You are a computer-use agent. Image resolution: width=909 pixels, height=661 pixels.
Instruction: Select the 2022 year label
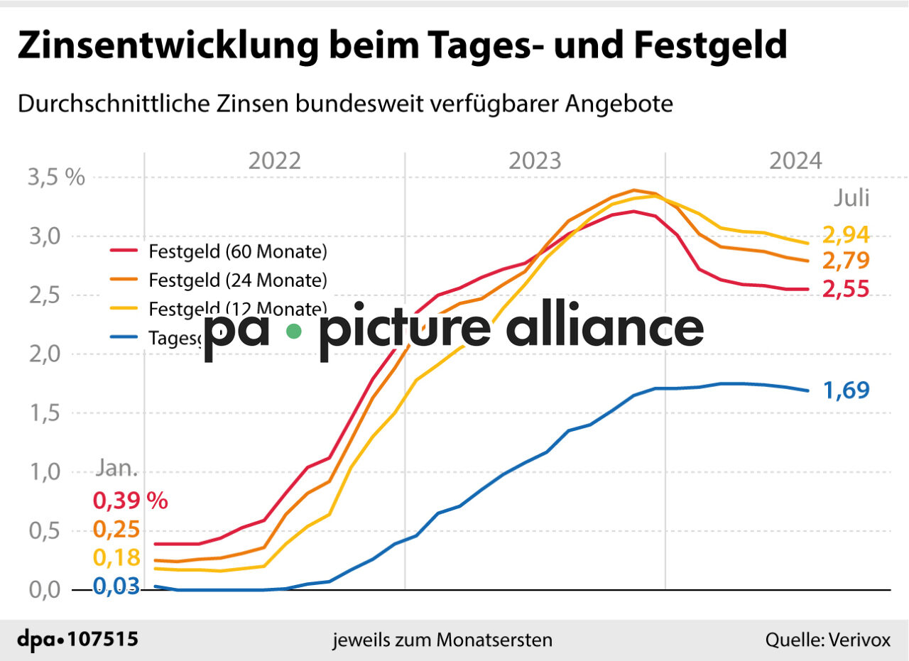coord(275,161)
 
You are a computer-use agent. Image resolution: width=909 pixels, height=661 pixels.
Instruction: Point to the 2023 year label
coord(535,161)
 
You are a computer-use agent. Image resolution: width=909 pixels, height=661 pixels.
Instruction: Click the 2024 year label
coord(795,161)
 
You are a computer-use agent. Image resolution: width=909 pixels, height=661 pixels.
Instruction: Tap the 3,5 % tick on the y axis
coord(56,177)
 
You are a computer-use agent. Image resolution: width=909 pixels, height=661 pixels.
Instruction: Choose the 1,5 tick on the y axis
coord(44,413)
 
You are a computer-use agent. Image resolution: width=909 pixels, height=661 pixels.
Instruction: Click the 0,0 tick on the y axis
coord(44,590)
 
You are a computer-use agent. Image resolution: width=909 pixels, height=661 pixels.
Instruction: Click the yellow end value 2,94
coord(846,234)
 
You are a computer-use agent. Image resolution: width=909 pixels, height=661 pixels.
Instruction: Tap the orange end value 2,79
coord(846,261)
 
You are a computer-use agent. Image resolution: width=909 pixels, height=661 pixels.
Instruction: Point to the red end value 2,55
coord(846,290)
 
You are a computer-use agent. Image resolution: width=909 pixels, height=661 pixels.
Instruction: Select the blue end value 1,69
coord(846,390)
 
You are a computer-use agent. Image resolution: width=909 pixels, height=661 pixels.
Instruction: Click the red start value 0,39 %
coord(130,501)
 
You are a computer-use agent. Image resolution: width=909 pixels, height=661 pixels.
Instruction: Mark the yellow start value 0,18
coord(116,558)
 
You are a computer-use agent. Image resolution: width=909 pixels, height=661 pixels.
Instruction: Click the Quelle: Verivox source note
coord(827,640)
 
